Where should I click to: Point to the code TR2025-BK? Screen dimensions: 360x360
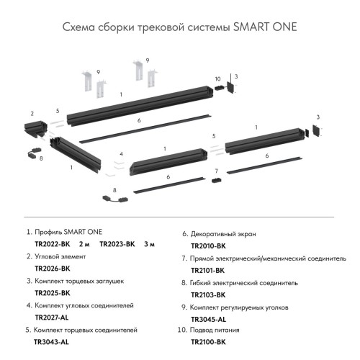pyautogui.click(x=52, y=294)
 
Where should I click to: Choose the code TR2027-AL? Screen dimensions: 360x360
pyautogui.click(x=52, y=318)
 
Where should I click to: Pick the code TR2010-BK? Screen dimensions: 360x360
pyautogui.click(x=208, y=246)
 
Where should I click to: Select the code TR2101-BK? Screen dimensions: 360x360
pyautogui.click(x=208, y=271)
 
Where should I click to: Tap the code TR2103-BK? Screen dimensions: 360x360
pyautogui.click(x=208, y=295)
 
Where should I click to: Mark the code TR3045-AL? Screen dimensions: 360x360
pyautogui.click(x=208, y=319)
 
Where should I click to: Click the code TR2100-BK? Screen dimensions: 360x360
pyautogui.click(x=208, y=343)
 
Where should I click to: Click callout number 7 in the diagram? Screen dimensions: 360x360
pyautogui.click(x=215, y=171)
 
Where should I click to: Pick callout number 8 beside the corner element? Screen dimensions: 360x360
pyautogui.click(x=41, y=158)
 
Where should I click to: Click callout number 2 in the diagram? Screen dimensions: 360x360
pyautogui.click(x=32, y=113)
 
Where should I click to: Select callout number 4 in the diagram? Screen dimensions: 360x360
pyautogui.click(x=122, y=154)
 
